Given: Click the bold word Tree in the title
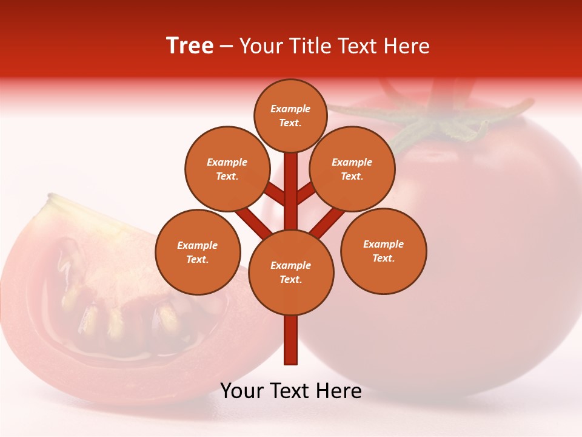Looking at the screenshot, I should (x=190, y=46).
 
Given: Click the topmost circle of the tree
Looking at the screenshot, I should (x=290, y=115).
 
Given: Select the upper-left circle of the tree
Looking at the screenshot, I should (x=227, y=169).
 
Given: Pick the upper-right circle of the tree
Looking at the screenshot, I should (x=352, y=169).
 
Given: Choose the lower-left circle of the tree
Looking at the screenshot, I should (x=198, y=252).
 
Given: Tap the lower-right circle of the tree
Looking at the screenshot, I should (x=384, y=251).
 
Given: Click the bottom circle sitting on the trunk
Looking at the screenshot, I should (x=291, y=273).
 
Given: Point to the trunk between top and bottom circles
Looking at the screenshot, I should (x=291, y=194).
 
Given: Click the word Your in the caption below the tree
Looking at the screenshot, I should (x=242, y=391).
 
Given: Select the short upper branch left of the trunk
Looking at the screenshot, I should (x=275, y=194).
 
